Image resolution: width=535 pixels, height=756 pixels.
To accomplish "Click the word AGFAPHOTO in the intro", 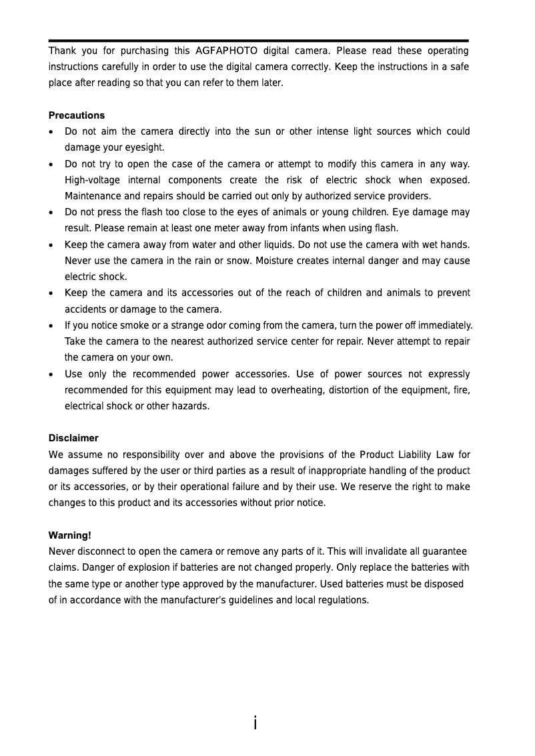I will tap(226, 51).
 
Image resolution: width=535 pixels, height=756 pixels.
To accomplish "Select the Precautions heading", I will tap(76, 115).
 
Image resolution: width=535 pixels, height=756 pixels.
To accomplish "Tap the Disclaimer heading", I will tap(73, 438).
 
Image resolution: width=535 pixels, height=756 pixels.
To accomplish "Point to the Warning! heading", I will tap(70, 535).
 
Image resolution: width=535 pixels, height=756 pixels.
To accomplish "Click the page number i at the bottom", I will tap(255, 723).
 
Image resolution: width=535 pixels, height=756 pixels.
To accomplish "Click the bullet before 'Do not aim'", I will tap(52, 132).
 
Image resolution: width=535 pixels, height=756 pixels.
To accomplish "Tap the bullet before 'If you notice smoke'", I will tap(52, 326).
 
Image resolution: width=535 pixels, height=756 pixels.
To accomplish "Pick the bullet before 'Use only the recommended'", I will tap(52, 375).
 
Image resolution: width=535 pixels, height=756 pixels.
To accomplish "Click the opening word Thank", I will tap(61, 51).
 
